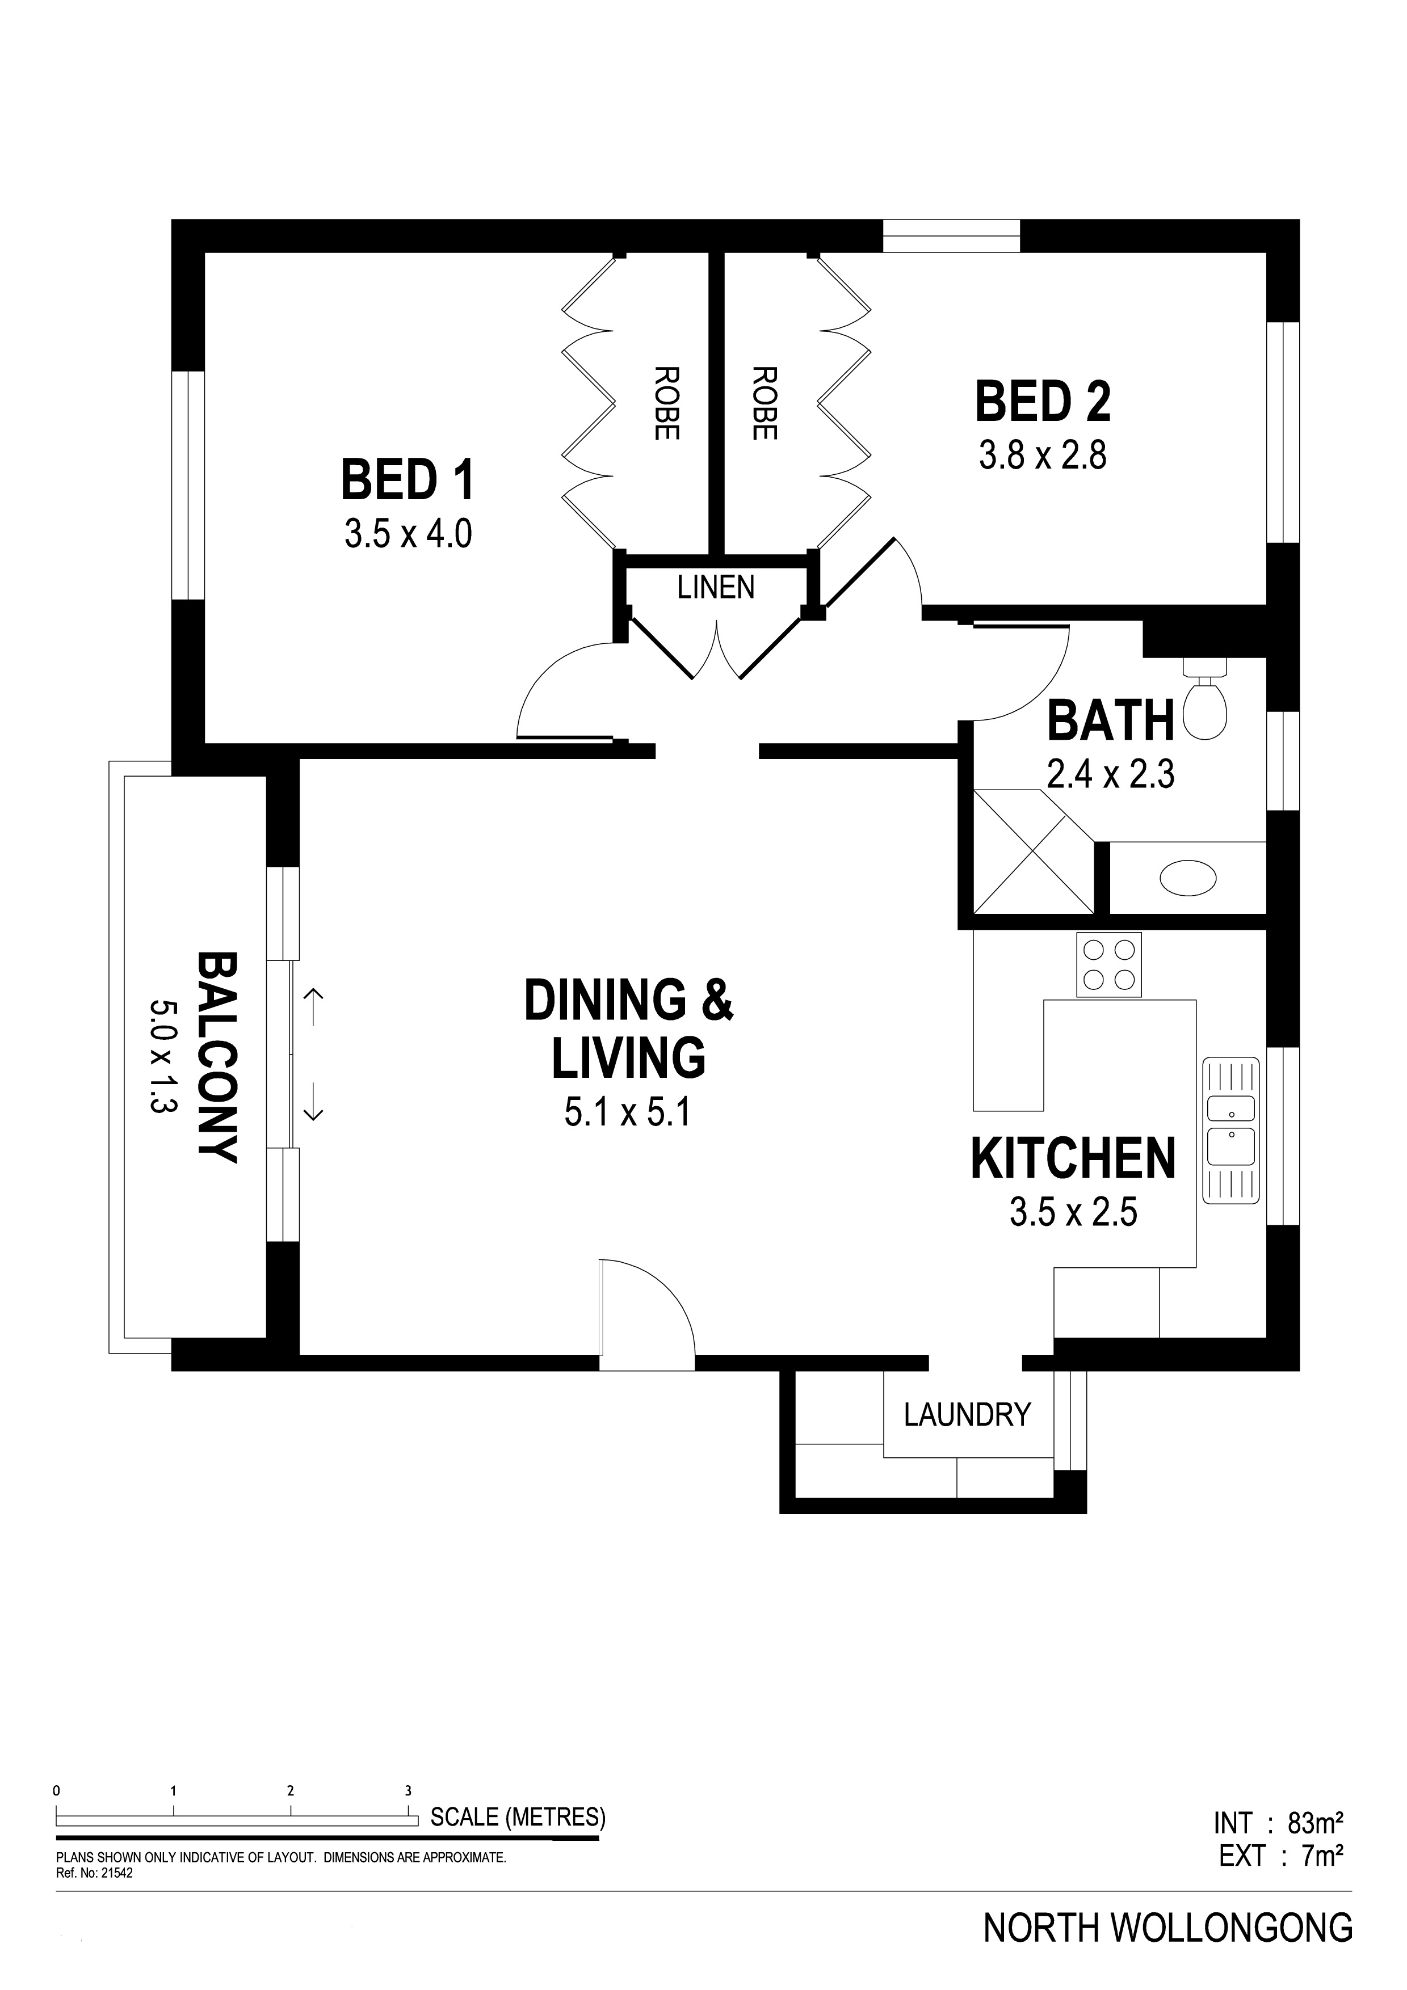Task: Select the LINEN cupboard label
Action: point(716,588)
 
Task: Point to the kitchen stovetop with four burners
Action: point(1109,965)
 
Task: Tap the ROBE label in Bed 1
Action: point(666,404)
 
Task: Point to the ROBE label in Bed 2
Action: point(764,404)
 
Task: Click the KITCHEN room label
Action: point(1073,1159)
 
